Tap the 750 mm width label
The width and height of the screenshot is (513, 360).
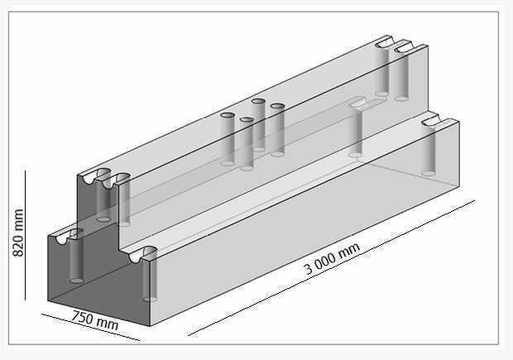(x=94, y=319)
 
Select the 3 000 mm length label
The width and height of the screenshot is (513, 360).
(x=332, y=257)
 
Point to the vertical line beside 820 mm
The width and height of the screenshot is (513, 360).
(x=26, y=235)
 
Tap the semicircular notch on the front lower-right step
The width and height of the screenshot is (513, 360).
(x=141, y=254)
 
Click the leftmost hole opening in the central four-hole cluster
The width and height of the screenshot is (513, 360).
(x=228, y=115)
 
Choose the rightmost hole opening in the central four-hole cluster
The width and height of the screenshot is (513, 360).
(x=277, y=106)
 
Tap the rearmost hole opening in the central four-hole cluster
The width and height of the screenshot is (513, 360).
(x=258, y=101)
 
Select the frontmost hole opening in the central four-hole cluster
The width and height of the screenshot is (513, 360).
(x=247, y=120)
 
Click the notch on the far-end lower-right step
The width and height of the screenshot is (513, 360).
(x=429, y=123)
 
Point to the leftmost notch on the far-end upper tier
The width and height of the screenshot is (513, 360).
(x=384, y=41)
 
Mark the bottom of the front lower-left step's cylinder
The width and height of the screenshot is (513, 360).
(x=76, y=280)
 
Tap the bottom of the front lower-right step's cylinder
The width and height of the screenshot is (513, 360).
(x=150, y=298)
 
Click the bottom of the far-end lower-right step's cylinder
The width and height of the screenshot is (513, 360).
(x=429, y=173)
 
